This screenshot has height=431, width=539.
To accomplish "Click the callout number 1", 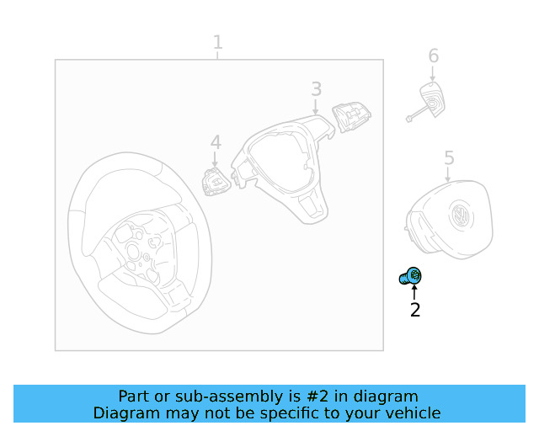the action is (x=217, y=42).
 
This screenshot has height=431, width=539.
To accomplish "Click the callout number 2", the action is (x=415, y=310).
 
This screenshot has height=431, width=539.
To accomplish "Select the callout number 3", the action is (x=317, y=88).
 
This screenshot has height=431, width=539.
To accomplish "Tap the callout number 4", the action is (x=216, y=142).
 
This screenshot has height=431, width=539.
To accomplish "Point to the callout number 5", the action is (x=449, y=157).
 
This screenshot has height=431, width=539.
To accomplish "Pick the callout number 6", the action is (x=434, y=56).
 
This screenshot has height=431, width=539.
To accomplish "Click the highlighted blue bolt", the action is (x=410, y=277).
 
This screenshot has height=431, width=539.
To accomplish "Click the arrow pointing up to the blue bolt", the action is (x=414, y=292).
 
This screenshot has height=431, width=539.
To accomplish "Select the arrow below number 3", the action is (x=316, y=107).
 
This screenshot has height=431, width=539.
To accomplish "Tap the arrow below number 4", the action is (x=215, y=160).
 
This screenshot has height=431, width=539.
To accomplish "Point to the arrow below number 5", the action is (x=447, y=174).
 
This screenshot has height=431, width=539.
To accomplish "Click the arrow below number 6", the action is (x=432, y=73).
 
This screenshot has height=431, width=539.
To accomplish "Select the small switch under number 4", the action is (x=216, y=182).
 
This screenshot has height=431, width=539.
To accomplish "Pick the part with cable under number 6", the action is (x=427, y=102).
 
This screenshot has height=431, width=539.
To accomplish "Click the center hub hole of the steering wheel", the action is (x=133, y=252).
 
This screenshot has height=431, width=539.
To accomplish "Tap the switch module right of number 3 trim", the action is (x=351, y=117).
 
